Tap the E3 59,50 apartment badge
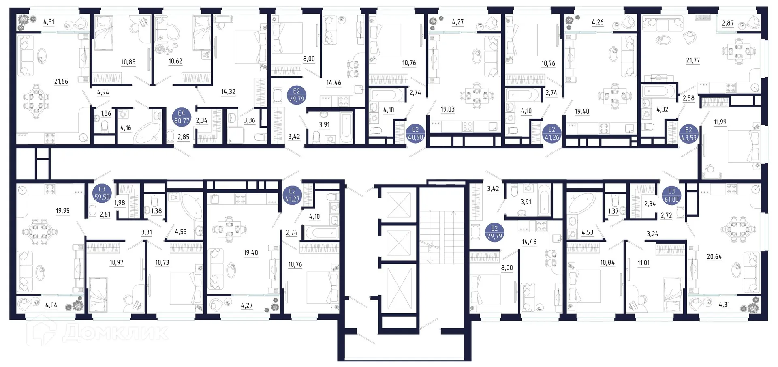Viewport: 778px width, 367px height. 102,193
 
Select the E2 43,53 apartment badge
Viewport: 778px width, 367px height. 688,134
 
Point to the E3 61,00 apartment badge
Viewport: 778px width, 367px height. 671,195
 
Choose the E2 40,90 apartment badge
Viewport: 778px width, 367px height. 415,133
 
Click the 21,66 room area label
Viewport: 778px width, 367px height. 61,82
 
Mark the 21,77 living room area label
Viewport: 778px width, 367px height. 693,60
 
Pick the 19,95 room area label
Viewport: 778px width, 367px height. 63,211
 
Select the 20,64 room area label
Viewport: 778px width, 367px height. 714,257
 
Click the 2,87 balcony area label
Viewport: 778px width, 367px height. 728,23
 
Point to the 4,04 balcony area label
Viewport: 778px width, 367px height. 51,305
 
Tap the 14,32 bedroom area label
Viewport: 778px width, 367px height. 228,92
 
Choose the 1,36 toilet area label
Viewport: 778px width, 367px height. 106,114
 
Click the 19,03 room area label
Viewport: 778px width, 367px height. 448,109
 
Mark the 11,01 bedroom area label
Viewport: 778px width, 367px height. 643,263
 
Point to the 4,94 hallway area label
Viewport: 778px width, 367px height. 103,92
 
